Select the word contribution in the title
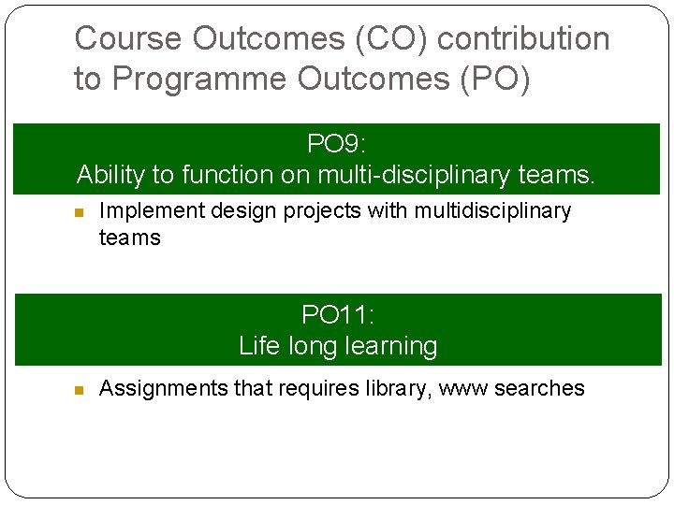(523, 38)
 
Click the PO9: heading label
(337, 144)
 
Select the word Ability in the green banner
(107, 175)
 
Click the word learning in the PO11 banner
(390, 346)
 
